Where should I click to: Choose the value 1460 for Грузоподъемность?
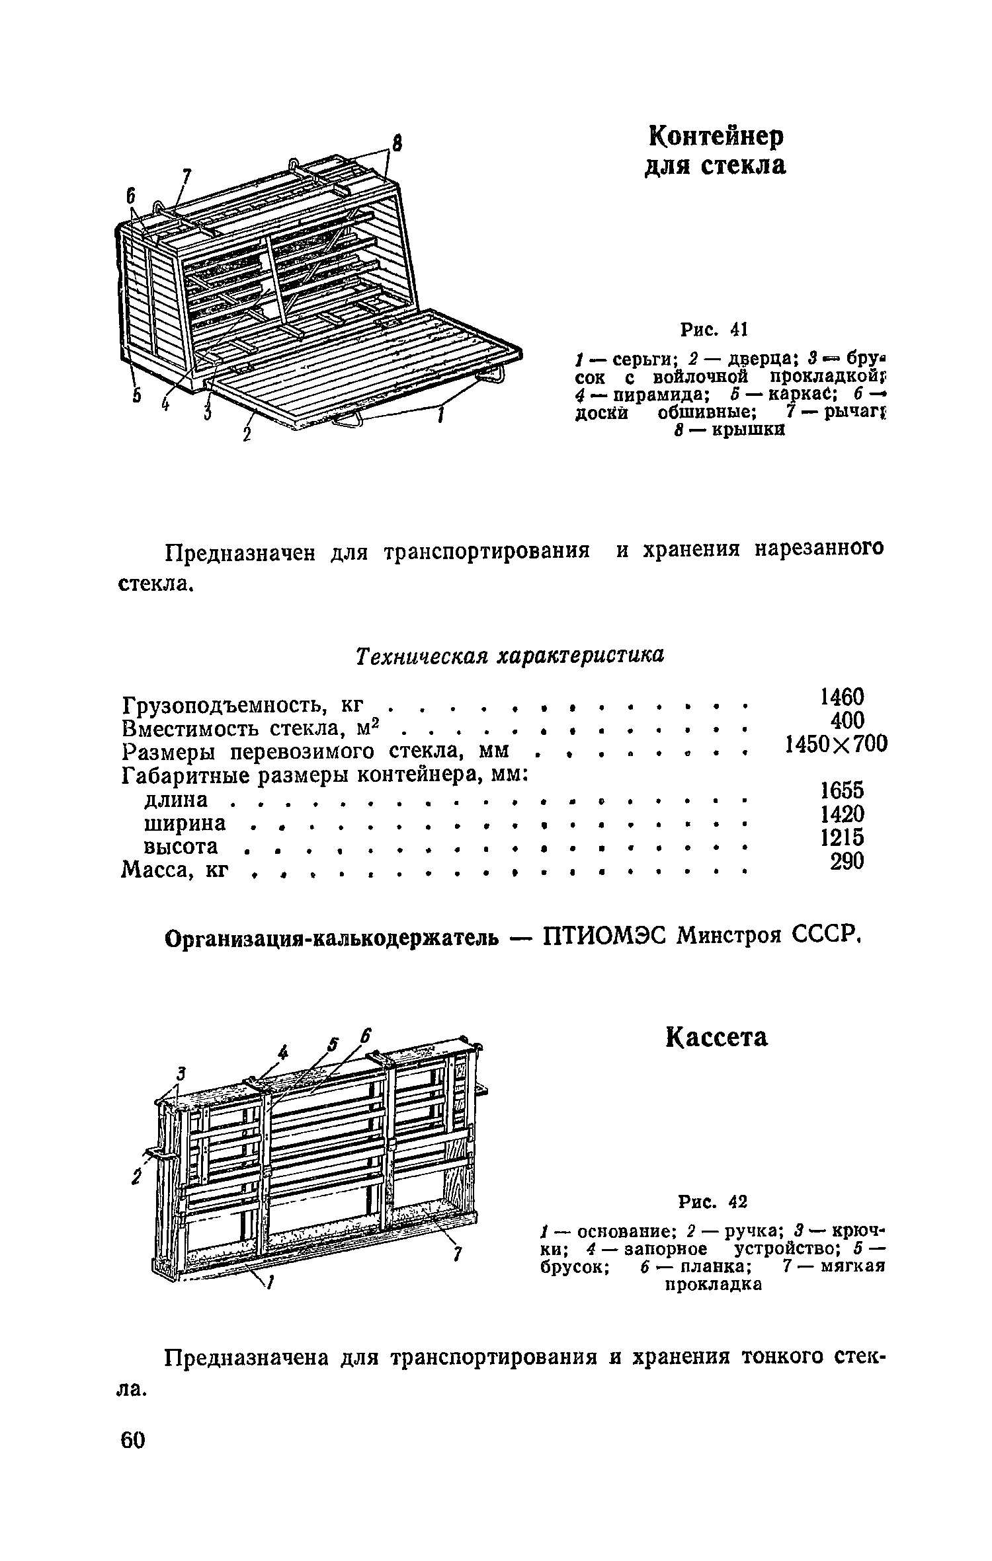(842, 697)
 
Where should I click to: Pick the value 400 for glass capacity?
(846, 720)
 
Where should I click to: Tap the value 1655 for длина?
(842, 790)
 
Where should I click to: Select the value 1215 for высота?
(842, 837)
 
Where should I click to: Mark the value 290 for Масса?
(847, 861)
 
